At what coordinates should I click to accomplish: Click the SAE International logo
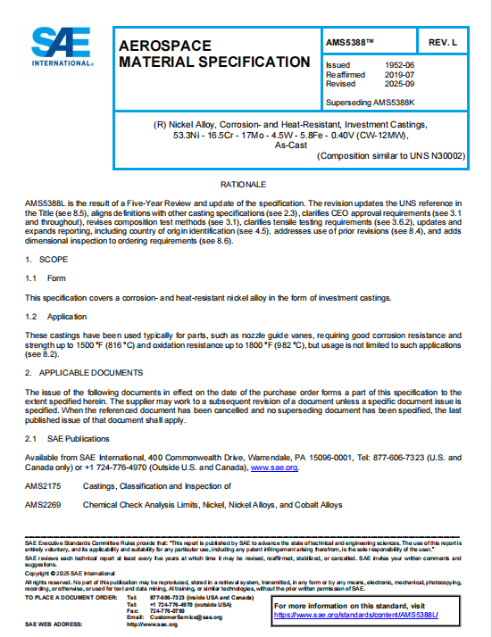(x=63, y=46)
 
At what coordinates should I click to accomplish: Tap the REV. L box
(x=443, y=42)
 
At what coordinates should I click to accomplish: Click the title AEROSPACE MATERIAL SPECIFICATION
(x=214, y=53)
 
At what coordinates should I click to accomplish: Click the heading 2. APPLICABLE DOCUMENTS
(x=83, y=372)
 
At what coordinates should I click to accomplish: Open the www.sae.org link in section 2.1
(x=274, y=467)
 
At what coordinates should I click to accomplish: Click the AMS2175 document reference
(x=42, y=486)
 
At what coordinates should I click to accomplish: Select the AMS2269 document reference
(x=42, y=505)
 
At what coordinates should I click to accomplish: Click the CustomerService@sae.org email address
(x=186, y=616)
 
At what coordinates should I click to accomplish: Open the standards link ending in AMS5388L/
(x=368, y=615)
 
